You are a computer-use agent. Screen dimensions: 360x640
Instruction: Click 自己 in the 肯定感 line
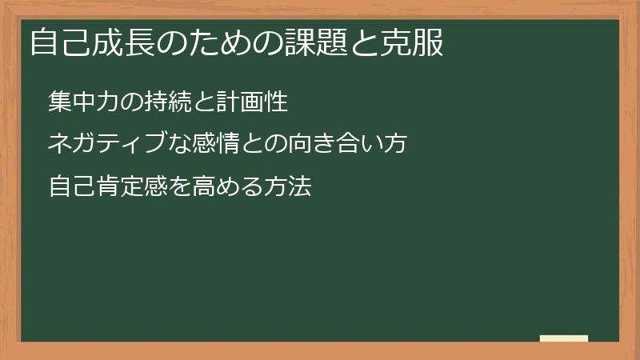click(70, 188)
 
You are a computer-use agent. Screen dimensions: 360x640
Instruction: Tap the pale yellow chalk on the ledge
click(564, 338)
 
